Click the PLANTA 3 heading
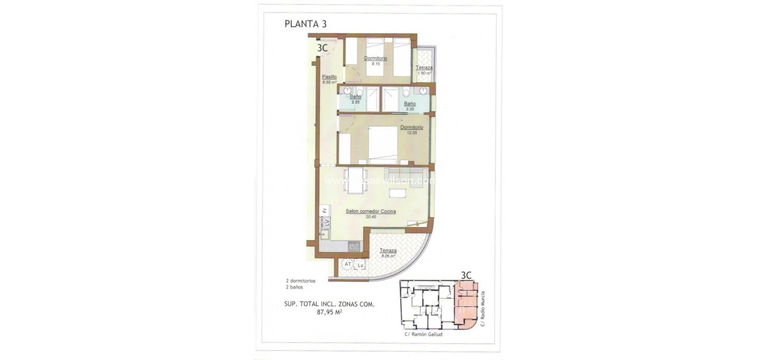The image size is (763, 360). tap(305, 24)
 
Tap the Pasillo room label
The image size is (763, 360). tap(329, 77)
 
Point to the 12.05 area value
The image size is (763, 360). tap(411, 133)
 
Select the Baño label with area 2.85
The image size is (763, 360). tap(355, 96)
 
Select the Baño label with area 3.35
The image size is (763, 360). tap(410, 104)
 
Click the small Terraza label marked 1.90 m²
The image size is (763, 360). tap(424, 68)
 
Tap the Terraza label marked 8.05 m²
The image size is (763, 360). tap(388, 251)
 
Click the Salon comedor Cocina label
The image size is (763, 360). tap(371, 211)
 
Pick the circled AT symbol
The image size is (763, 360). tap(347, 265)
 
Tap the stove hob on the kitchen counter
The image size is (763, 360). tap(355, 247)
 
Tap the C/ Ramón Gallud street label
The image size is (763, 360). tap(423, 334)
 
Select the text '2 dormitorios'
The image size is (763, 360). tap(300, 281)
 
